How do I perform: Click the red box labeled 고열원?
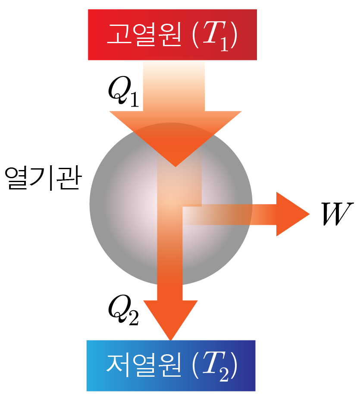[172, 35]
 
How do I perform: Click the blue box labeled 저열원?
[171, 365]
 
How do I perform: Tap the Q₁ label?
[123, 91]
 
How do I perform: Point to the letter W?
[337, 214]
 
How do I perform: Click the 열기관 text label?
[43, 179]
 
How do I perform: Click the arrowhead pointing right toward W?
[293, 214]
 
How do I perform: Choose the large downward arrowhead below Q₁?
[175, 135]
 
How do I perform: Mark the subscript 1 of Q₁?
[133, 98]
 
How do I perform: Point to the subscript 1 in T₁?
[224, 44]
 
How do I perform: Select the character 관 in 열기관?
[69, 178]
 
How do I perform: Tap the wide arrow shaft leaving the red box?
[174, 86]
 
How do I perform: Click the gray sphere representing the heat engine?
[171, 204]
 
